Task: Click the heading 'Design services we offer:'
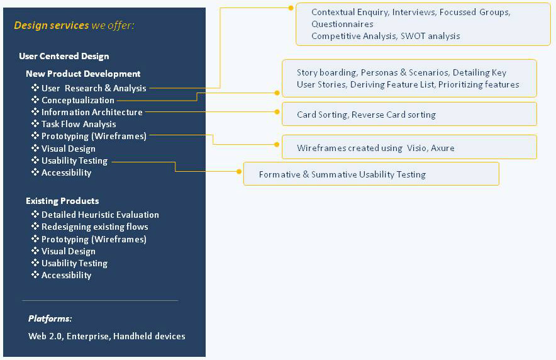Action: pos(74,26)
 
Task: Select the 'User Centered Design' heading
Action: pos(64,56)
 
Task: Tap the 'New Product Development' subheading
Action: pos(83,74)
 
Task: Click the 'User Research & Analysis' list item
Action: pos(94,88)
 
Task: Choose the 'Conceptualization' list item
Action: pos(77,100)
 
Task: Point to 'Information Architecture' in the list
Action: pos(92,112)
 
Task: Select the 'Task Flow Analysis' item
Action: pos(79,124)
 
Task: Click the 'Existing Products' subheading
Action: pos(62,201)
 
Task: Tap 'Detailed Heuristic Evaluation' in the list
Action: pos(100,215)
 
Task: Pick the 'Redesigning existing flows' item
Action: pos(95,227)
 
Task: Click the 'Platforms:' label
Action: pos(50,318)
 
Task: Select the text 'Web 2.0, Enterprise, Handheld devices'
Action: pos(107,336)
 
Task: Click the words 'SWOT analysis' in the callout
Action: pos(430,36)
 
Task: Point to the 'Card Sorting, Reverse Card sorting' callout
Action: pos(409,114)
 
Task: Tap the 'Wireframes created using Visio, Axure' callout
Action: pos(409,147)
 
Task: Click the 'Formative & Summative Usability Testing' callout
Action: pos(371,174)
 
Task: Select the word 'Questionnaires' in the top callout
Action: pos(337,24)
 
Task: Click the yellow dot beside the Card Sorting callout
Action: pos(277,112)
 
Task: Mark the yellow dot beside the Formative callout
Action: pos(239,171)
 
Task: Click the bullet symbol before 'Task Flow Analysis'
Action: pos(35,123)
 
